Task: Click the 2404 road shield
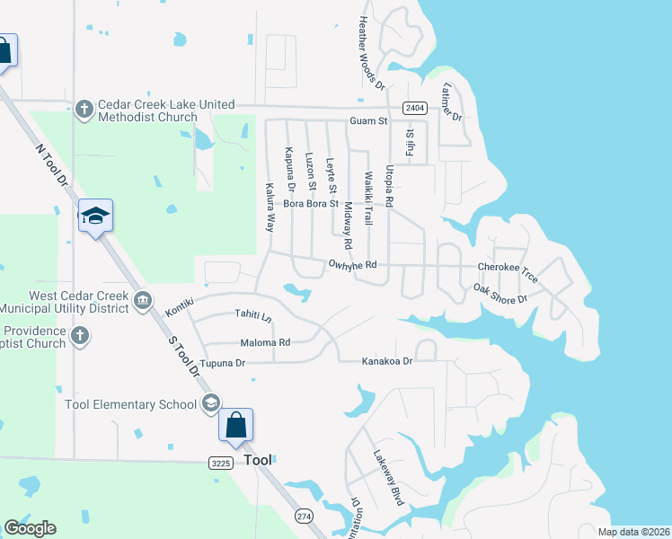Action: [x=414, y=107]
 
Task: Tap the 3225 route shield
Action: [x=222, y=463]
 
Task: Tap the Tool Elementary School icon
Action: [x=211, y=403]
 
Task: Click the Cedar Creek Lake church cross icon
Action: [x=84, y=110]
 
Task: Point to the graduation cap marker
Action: [x=95, y=216]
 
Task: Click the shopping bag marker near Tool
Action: [x=235, y=425]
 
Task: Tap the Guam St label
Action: [x=368, y=120]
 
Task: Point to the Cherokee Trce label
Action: [x=507, y=267]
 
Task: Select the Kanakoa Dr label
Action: [x=386, y=361]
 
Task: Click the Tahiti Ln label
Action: [x=252, y=316]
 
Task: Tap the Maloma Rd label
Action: [x=265, y=342]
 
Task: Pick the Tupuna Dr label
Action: [x=222, y=364]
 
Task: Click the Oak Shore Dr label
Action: [x=501, y=294]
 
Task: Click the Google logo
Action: [x=30, y=527]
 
